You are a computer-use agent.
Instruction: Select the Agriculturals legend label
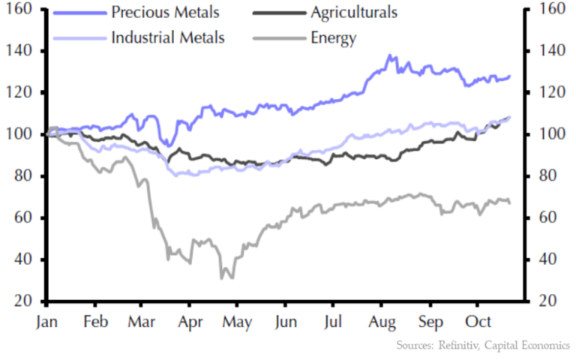[354, 13]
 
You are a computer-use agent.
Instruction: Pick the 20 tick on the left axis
[27, 301]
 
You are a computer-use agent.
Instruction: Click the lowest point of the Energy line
[223, 278]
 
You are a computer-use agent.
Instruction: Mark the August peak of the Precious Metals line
[389, 55]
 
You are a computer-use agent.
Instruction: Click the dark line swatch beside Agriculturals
[274, 13]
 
